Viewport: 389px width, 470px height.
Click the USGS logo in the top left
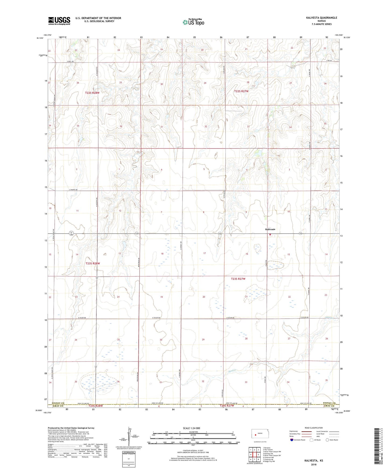[x=59, y=20]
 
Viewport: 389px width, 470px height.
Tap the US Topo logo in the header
[x=193, y=22]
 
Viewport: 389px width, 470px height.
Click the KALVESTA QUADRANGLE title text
[x=321, y=18]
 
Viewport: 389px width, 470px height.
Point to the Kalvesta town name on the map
[x=270, y=229]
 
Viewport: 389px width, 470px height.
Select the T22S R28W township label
[x=92, y=93]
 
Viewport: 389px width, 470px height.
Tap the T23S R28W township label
[x=93, y=264]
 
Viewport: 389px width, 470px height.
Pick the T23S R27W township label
[x=238, y=279]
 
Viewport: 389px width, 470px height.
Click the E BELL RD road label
[x=70, y=62]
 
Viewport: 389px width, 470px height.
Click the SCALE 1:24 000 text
[x=191, y=428]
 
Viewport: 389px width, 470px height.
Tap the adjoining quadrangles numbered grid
[x=254, y=455]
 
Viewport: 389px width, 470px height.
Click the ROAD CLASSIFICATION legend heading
[x=314, y=428]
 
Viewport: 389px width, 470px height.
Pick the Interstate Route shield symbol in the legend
[x=292, y=440]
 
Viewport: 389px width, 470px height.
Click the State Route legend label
[x=333, y=440]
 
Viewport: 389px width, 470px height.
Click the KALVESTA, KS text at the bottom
[x=314, y=461]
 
